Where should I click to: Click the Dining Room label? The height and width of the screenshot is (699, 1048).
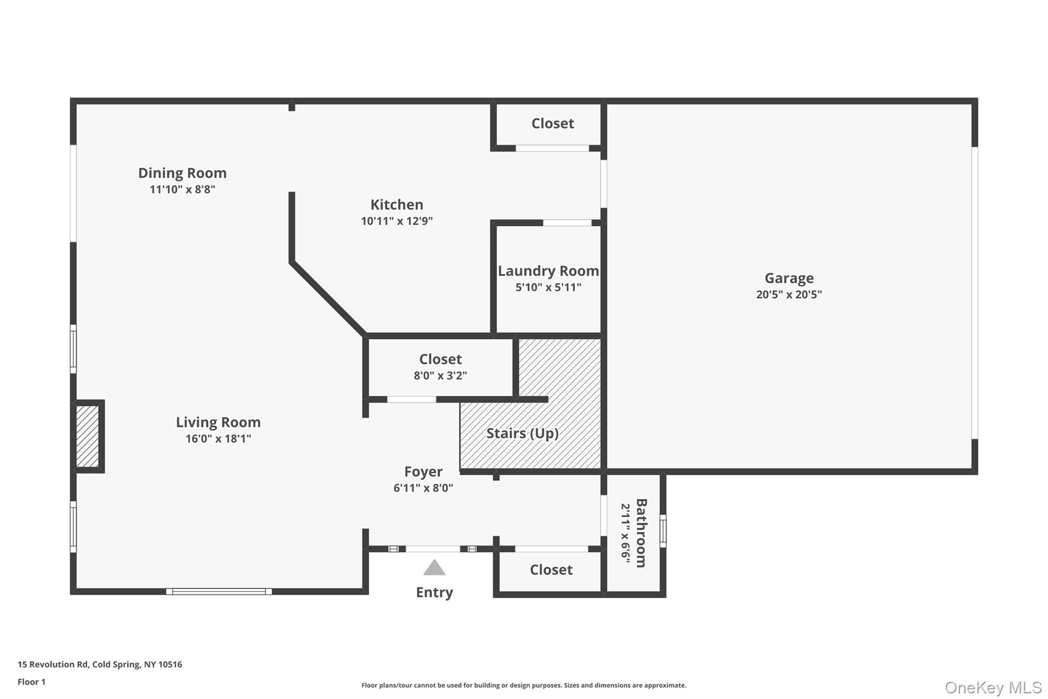click(x=182, y=173)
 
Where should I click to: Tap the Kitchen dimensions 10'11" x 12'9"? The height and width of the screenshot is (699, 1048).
click(x=397, y=221)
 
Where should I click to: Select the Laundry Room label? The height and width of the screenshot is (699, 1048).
click(x=548, y=271)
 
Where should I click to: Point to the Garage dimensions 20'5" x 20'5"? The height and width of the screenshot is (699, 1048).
click(x=789, y=294)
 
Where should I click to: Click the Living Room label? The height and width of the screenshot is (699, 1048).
click(x=218, y=422)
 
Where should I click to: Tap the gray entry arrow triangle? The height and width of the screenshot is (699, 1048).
click(x=434, y=567)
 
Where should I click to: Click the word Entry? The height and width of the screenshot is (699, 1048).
click(x=434, y=592)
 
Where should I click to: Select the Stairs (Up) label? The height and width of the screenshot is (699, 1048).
click(x=522, y=433)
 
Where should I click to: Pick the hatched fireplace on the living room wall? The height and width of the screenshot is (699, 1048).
click(x=88, y=436)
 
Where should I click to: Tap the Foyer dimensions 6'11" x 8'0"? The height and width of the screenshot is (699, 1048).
click(x=423, y=488)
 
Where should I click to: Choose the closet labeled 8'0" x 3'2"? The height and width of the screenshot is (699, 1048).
click(x=440, y=368)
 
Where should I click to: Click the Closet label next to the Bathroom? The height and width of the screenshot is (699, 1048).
click(x=551, y=570)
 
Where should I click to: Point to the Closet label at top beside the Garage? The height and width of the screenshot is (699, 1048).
click(x=552, y=123)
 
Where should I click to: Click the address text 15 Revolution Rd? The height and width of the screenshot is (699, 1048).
click(x=53, y=665)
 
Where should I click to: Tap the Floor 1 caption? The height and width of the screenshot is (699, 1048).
click(x=31, y=682)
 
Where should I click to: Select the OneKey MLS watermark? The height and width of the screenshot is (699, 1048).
click(x=993, y=687)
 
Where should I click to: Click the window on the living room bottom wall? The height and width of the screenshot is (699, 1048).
click(x=219, y=591)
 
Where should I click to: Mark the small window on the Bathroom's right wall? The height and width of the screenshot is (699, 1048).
click(x=663, y=531)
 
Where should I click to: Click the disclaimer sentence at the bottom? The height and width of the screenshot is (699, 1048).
click(x=523, y=685)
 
